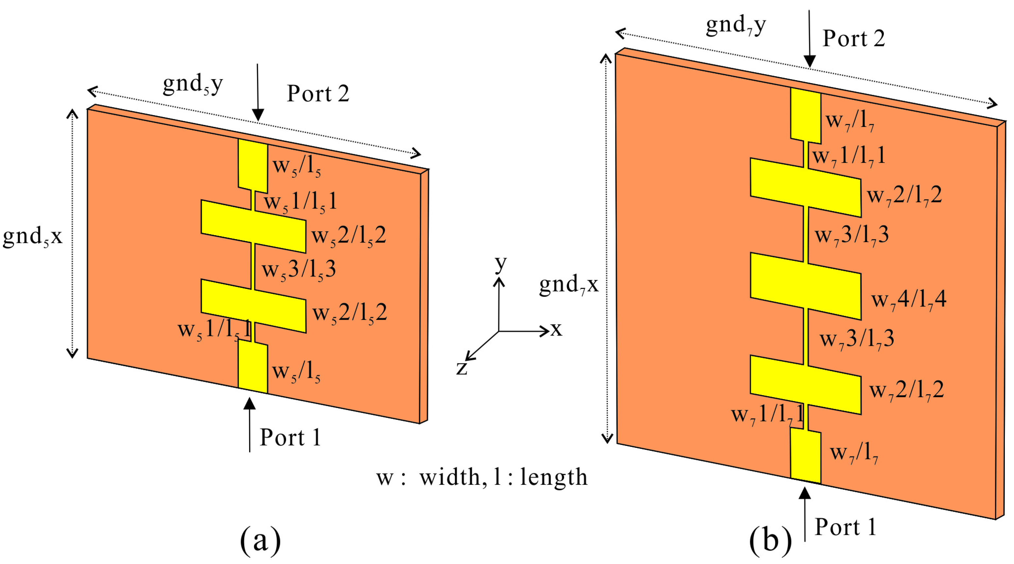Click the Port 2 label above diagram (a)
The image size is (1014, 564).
click(x=318, y=94)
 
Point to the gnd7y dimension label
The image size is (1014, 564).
click(x=736, y=25)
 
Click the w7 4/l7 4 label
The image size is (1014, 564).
click(x=908, y=299)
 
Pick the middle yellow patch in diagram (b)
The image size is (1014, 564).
click(x=805, y=286)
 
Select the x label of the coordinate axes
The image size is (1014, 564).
click(x=556, y=329)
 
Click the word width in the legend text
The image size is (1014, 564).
click(x=450, y=477)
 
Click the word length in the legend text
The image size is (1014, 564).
click(x=554, y=477)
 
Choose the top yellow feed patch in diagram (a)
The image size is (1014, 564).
click(x=253, y=166)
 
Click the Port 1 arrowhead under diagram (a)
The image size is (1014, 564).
click(x=249, y=404)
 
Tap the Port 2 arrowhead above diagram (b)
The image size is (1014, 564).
click(x=809, y=62)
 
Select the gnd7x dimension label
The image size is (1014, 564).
click(x=568, y=284)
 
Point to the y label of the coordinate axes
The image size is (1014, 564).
click(x=500, y=263)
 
